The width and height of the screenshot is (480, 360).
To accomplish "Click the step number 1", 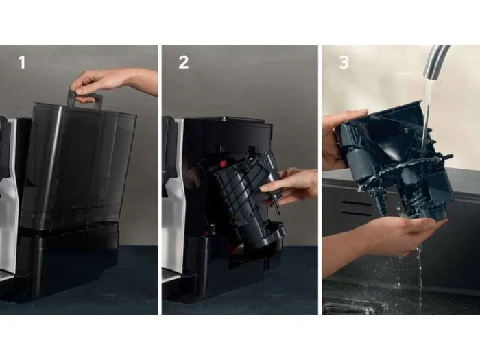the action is (22, 62).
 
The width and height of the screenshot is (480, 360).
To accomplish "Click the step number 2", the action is (183, 62).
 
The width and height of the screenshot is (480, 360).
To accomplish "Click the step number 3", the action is (344, 62).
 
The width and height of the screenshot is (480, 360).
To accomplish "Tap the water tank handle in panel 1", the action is (84, 99).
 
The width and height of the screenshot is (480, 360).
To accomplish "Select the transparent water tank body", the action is (78, 165).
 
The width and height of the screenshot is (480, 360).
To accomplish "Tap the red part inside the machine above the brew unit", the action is (222, 163).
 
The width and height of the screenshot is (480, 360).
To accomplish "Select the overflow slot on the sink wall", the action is (355, 208).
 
